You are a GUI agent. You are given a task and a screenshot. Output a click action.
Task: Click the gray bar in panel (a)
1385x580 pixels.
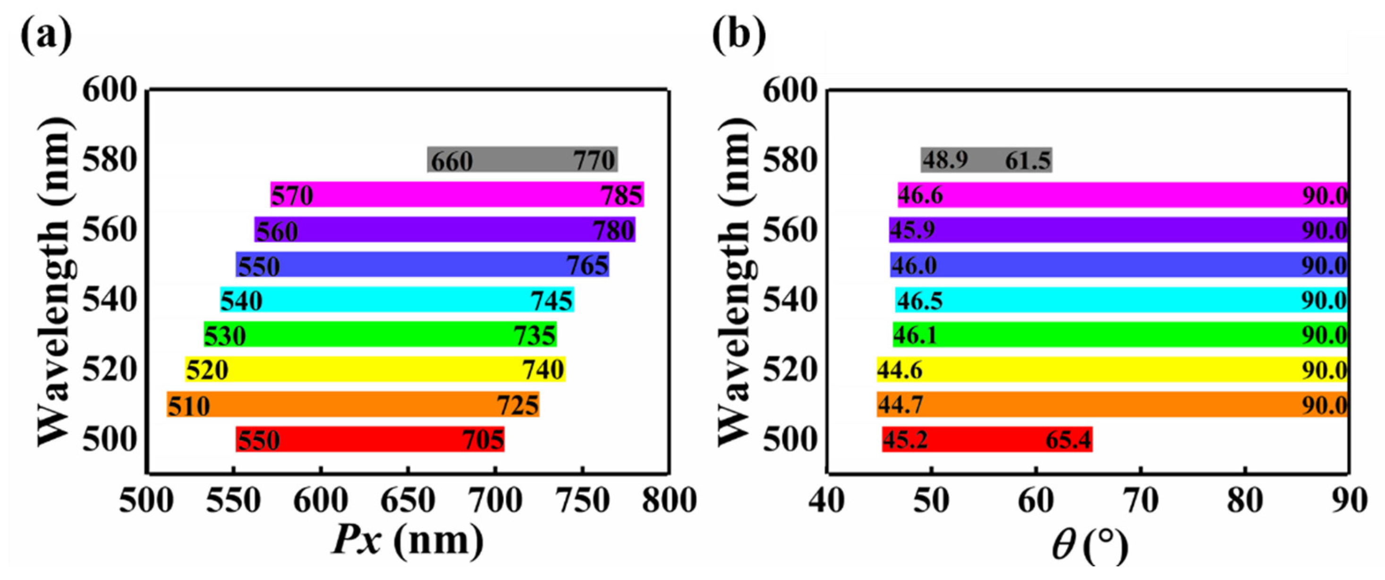point(521,159)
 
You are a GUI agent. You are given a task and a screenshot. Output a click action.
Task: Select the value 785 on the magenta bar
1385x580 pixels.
point(621,195)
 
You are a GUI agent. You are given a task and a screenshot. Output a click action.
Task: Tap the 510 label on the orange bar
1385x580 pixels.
point(189,406)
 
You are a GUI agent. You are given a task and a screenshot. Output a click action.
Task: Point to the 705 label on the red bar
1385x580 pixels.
point(483,440)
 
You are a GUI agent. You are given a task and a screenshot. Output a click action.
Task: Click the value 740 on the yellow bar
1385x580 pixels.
point(543,370)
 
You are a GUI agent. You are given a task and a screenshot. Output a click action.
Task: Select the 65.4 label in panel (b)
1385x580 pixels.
point(1068,440)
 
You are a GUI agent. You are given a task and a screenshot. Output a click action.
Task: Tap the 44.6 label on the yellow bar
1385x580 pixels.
point(900,370)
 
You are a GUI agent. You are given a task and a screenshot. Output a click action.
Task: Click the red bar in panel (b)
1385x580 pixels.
point(986,440)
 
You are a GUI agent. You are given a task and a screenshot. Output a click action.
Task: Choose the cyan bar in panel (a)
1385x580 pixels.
point(397,300)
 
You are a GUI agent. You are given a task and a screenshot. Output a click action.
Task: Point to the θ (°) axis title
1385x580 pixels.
point(1089,545)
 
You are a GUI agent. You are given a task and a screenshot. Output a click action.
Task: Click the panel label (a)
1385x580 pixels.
point(46,36)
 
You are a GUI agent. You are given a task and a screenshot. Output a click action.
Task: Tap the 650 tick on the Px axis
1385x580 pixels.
point(408,501)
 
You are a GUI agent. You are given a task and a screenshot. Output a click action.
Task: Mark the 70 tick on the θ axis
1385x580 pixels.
point(1141,501)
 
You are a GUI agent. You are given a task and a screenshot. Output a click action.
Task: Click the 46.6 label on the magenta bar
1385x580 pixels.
point(920,195)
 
